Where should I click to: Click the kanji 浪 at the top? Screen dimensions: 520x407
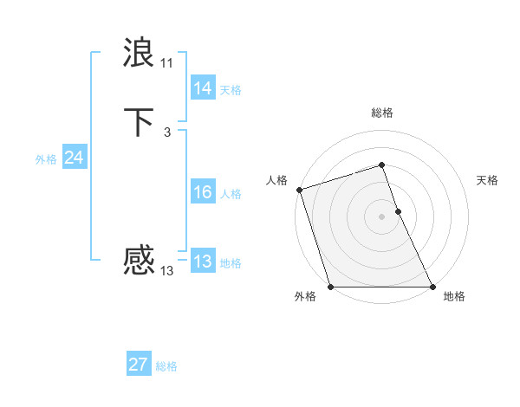(x=140, y=53)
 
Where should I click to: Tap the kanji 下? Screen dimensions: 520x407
(x=140, y=121)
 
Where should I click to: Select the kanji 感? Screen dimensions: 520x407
(x=140, y=260)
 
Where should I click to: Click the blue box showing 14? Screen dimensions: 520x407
(x=202, y=88)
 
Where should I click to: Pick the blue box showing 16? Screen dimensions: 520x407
(x=202, y=192)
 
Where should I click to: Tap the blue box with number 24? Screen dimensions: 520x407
(x=74, y=158)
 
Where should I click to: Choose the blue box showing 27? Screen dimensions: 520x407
(x=138, y=365)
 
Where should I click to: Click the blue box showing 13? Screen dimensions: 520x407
(x=202, y=262)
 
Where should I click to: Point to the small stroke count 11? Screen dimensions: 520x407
(x=166, y=63)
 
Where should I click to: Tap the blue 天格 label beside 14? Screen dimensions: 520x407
(x=231, y=90)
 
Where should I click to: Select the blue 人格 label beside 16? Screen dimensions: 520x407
(x=231, y=194)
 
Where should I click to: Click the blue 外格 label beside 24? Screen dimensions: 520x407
(x=46, y=159)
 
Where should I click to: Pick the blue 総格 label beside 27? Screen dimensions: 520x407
(x=166, y=366)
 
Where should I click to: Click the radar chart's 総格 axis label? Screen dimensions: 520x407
(x=381, y=113)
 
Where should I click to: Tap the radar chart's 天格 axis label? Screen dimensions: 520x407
(x=487, y=180)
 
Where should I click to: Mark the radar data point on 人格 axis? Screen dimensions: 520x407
(x=299, y=190)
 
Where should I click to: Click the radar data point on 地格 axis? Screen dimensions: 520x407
(x=432, y=287)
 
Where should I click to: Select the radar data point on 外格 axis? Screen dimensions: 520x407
(x=330, y=287)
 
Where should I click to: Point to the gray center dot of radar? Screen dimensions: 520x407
(x=381, y=216)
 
